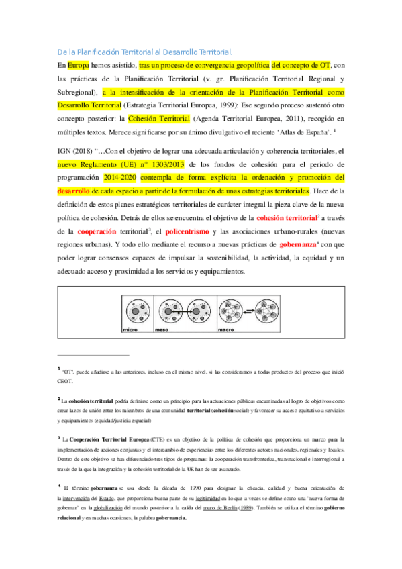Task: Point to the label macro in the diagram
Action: click(226, 331)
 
